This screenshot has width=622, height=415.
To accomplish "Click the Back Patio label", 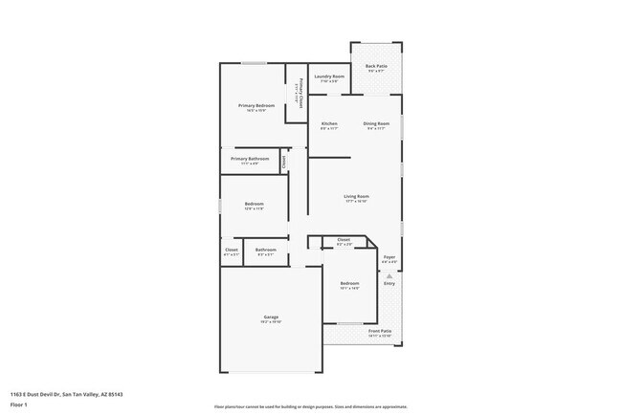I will [x=375, y=66].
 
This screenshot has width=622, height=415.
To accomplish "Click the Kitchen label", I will [x=329, y=123].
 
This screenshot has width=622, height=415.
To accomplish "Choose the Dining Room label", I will [x=376, y=123].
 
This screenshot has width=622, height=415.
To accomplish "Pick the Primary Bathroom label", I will [x=249, y=159].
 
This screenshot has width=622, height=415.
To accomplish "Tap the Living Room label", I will [x=356, y=197].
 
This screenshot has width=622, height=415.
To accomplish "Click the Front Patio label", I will [x=380, y=331].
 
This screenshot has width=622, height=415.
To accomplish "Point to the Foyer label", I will [x=389, y=257].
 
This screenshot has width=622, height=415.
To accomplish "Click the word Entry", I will [x=389, y=283].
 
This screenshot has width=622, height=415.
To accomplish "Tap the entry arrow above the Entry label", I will [x=389, y=274].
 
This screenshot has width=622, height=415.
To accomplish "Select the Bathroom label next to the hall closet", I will [x=265, y=250].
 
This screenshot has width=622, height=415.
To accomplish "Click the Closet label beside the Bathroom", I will [x=231, y=250].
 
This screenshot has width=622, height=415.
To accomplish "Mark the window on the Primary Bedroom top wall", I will [x=254, y=64].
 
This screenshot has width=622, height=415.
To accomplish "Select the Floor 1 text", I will [x=19, y=404].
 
